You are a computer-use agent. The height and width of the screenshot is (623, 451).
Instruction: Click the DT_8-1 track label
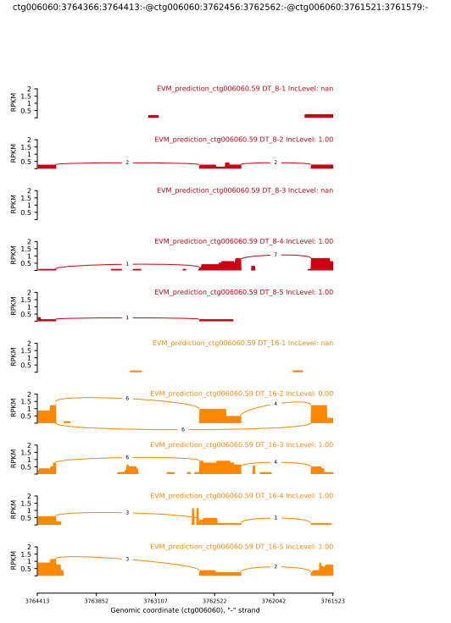click(245, 89)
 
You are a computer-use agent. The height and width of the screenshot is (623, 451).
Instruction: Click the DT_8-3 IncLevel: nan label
click(245, 190)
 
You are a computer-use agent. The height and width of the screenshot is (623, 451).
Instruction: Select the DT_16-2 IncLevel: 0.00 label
click(242, 394)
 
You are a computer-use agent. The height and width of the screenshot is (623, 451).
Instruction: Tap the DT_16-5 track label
click(242, 546)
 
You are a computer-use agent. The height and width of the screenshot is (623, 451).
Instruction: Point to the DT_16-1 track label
click(242, 343)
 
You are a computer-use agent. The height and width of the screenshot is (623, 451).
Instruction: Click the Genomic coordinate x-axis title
click(185, 610)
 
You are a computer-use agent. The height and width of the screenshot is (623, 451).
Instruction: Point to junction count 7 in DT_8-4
click(276, 255)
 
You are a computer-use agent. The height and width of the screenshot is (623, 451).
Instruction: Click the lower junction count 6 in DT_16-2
click(182, 429)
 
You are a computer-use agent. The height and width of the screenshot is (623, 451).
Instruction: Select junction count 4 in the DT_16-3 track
click(276, 462)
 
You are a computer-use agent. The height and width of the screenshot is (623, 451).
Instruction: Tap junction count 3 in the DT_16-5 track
click(127, 560)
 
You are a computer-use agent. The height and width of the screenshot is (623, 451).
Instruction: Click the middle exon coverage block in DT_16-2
click(213, 416)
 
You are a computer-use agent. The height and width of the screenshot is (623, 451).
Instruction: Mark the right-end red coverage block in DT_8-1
click(319, 116)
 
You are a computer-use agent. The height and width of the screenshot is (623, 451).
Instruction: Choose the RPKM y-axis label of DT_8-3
click(12, 203)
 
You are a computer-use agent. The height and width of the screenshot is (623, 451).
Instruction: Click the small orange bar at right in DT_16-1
click(298, 371)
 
